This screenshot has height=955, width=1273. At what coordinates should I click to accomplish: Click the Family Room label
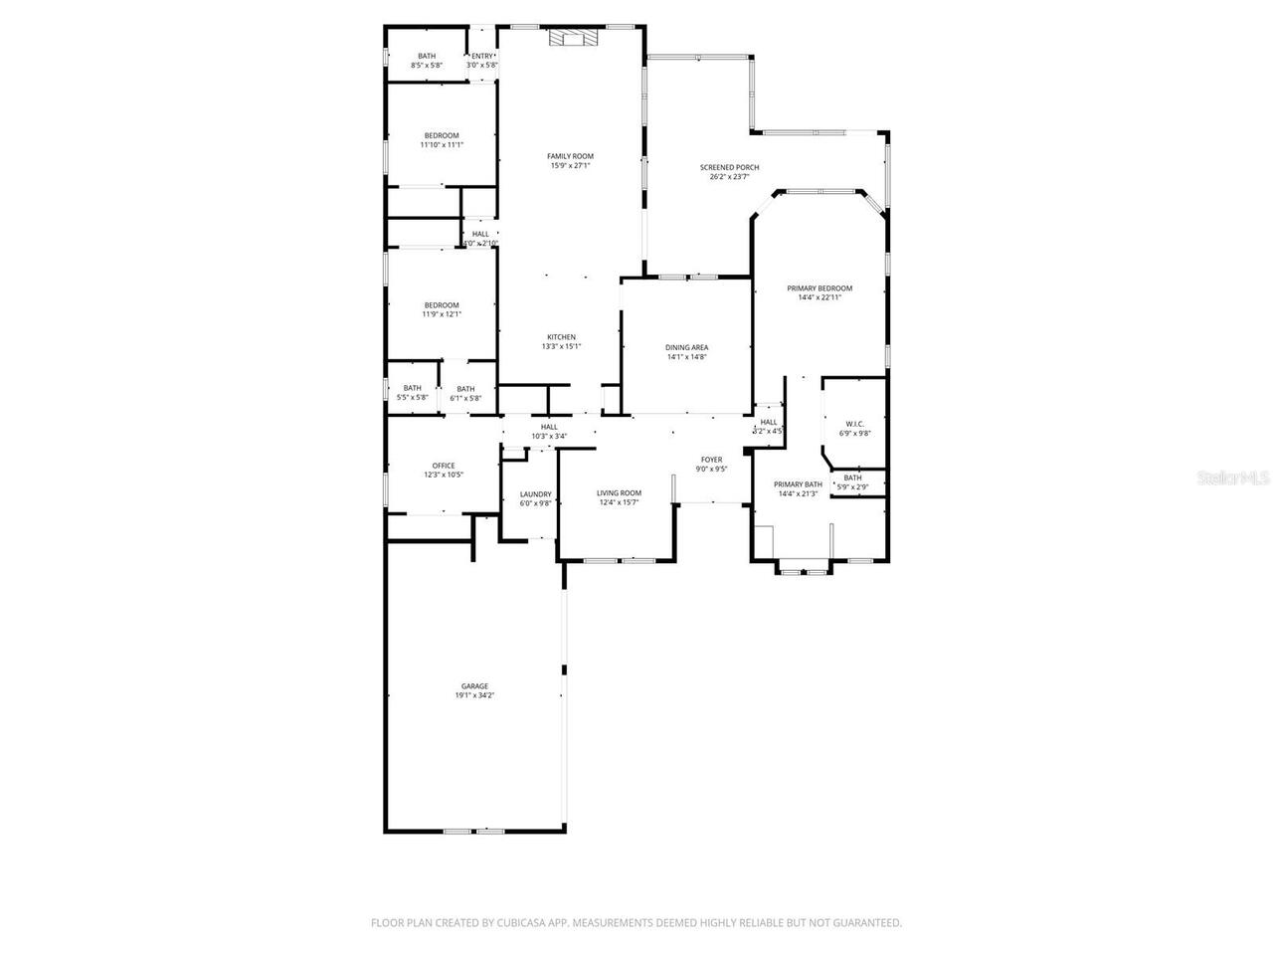coord(570,156)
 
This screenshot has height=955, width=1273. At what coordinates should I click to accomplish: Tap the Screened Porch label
coord(729,167)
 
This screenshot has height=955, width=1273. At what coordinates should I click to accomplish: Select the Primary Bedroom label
coord(819,288)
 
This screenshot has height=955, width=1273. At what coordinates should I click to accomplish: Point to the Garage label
coord(474,686)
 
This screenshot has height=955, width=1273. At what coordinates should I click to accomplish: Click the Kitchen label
coord(561,337)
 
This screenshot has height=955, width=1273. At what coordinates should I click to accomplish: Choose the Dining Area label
coord(686,347)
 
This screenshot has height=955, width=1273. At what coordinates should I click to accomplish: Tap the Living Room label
coord(619,493)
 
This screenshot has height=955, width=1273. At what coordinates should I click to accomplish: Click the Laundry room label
coord(535,494)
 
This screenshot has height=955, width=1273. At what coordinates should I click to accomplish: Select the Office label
coord(444,466)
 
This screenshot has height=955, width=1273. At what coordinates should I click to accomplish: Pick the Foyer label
coord(711,460)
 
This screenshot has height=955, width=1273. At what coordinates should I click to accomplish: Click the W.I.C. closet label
coord(855,424)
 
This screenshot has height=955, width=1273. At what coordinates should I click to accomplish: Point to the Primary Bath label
coord(799,484)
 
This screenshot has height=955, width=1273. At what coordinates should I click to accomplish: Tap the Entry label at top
coord(481,56)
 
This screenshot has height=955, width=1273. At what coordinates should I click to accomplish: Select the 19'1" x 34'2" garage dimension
coord(474,695)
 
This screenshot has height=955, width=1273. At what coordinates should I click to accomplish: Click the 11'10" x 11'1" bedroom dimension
coord(442,145)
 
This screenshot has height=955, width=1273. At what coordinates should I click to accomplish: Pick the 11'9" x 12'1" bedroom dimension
coord(442,314)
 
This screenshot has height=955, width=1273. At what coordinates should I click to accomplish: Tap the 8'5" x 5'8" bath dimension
coord(427,66)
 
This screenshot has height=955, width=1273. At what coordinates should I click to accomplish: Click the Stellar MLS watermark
coord(1232,477)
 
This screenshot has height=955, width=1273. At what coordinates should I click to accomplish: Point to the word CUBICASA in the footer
coord(523,923)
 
